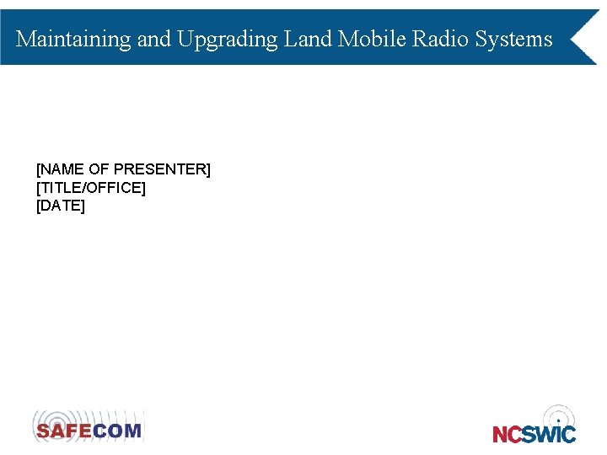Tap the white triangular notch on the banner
(585, 38)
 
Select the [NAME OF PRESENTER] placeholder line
(123, 169)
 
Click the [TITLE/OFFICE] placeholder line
(91, 187)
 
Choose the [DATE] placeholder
(61, 205)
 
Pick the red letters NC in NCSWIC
(508, 434)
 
